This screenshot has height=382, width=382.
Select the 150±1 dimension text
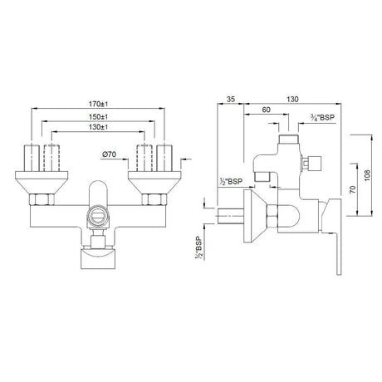(x=99, y=117)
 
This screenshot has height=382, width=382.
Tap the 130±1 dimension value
(x=99, y=129)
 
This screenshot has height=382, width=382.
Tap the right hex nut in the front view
(x=155, y=199)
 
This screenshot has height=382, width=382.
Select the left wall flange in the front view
(x=37, y=176)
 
